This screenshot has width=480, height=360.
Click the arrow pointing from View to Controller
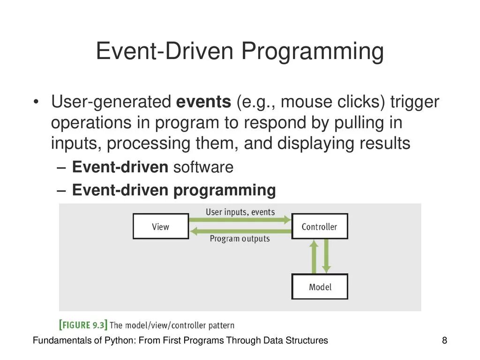[x=240, y=219]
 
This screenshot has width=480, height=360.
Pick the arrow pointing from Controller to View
[x=240, y=231]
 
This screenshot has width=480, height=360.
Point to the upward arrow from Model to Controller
[x=314, y=256]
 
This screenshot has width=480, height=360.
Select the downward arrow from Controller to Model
[x=326, y=256]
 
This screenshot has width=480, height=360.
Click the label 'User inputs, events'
[x=240, y=212]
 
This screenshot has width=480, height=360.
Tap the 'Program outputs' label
[x=240, y=239]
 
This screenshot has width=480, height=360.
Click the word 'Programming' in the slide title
[x=313, y=52]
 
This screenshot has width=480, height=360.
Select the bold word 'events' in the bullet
[x=203, y=102]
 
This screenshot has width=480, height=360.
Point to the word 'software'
[x=203, y=167]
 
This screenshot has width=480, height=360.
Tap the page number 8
[x=444, y=340]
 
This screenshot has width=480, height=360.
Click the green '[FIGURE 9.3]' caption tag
[x=83, y=325]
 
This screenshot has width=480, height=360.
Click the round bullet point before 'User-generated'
[x=36, y=102]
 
